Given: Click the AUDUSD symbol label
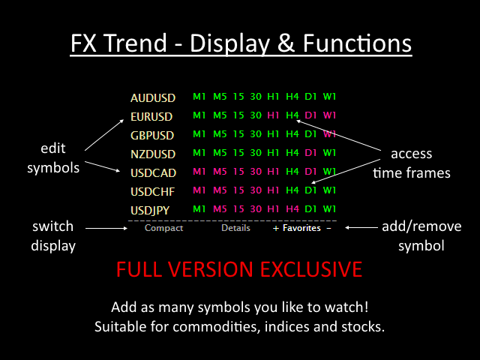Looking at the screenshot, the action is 153,98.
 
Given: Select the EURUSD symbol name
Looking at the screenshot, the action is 151,117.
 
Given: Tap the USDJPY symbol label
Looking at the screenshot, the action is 150,211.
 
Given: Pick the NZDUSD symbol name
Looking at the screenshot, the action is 153,154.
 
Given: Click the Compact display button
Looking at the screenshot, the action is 163,228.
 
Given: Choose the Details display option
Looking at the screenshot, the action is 235,228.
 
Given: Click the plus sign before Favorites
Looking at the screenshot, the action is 276,228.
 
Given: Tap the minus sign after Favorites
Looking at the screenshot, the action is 328,228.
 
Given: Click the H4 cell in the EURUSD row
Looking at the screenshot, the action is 292,115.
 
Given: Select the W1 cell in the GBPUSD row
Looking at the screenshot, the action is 330,134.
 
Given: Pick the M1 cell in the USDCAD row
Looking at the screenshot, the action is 199,172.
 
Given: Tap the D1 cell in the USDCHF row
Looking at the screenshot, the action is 310,190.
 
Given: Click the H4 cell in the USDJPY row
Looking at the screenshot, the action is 292,208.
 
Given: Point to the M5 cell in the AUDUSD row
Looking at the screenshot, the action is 220,97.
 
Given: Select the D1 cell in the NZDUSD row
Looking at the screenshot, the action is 310,153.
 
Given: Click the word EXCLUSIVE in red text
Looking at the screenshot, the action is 311,269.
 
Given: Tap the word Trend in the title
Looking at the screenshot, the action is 136,43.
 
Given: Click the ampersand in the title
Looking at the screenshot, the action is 286,43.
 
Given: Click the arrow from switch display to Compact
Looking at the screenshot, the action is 106,228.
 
